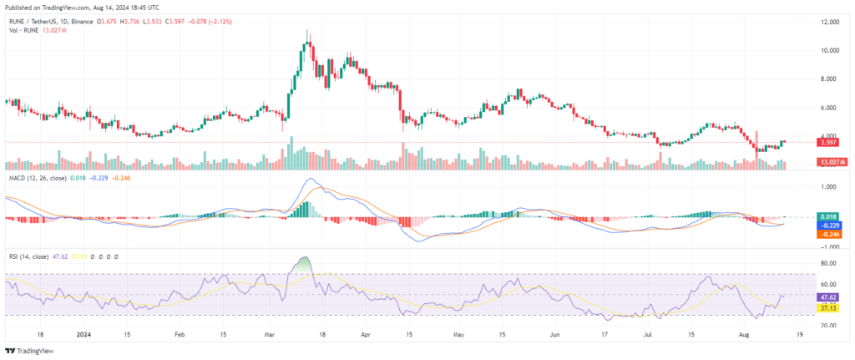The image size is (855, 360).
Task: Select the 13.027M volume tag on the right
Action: (832, 161)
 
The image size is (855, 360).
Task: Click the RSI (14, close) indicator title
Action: (29, 257)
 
